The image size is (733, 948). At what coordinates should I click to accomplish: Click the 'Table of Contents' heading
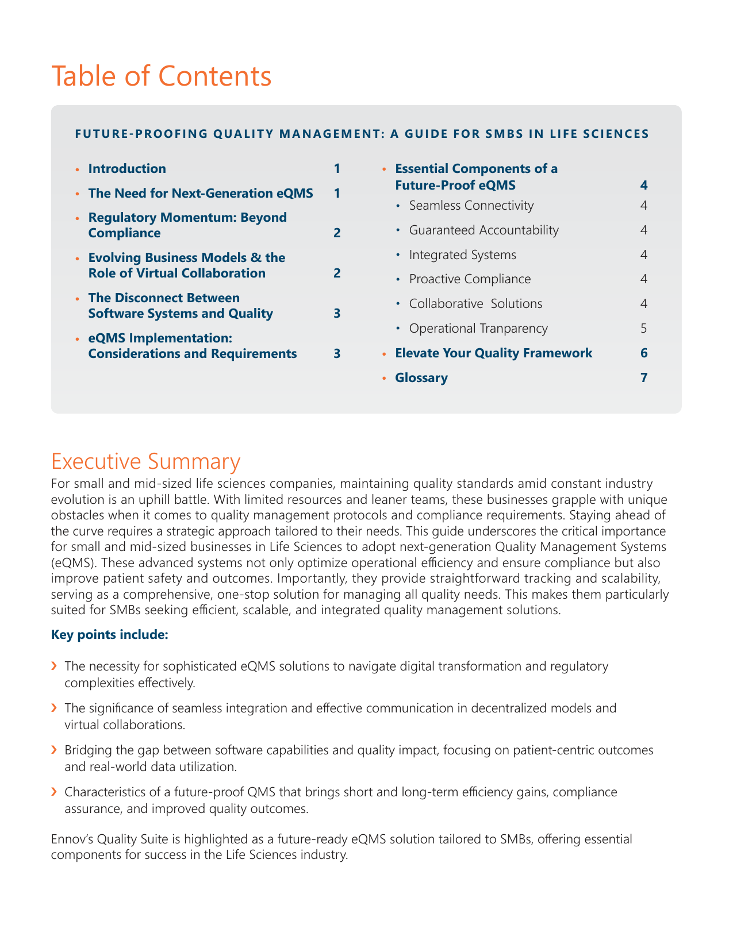(162, 76)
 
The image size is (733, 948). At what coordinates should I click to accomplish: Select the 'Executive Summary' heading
(145, 462)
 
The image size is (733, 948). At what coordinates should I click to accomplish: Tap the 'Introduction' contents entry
(127, 168)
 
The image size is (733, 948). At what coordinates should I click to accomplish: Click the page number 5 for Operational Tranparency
(644, 328)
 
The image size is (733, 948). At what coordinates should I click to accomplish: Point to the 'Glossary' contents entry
(421, 377)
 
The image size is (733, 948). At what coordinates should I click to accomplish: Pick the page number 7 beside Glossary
(644, 377)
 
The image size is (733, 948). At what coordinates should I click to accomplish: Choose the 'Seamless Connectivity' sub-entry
(471, 205)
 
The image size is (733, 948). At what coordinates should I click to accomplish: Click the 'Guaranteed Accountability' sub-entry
(483, 230)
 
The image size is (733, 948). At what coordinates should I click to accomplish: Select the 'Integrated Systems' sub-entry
(462, 255)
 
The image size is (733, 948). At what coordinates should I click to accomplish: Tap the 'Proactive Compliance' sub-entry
(470, 279)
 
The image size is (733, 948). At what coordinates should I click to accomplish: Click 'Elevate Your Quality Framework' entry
(494, 353)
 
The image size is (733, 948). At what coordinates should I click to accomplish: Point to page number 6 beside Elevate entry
(644, 353)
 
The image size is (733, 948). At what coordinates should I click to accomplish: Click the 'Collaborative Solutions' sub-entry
(475, 303)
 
